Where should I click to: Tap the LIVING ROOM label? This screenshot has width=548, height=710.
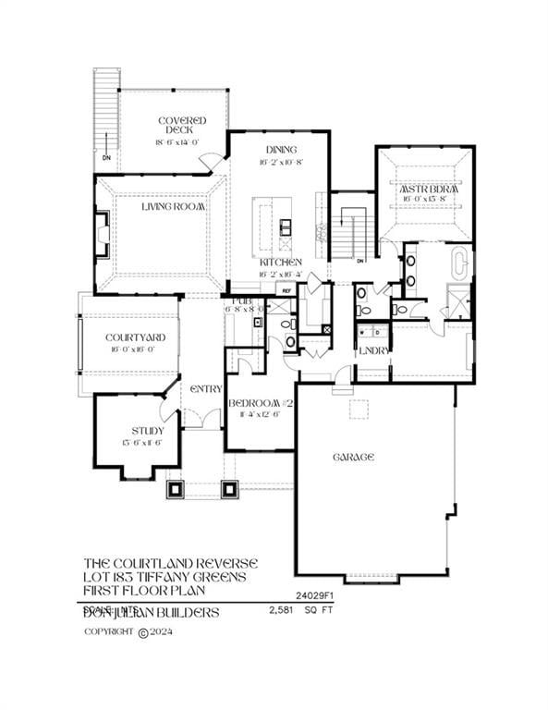coord(172,207)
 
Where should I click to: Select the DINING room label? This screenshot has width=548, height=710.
coord(281,150)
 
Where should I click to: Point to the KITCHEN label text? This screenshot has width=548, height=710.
coord(280,263)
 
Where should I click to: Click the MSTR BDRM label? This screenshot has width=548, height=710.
coord(424,188)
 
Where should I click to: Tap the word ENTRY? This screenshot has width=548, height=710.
coord(205,388)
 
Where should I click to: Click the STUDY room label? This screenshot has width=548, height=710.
coord(148,431)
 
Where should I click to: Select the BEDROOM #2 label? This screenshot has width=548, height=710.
coord(262,403)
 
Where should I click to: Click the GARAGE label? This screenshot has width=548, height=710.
coord(353,457)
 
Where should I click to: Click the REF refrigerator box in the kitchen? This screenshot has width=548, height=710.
coord(287,290)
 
